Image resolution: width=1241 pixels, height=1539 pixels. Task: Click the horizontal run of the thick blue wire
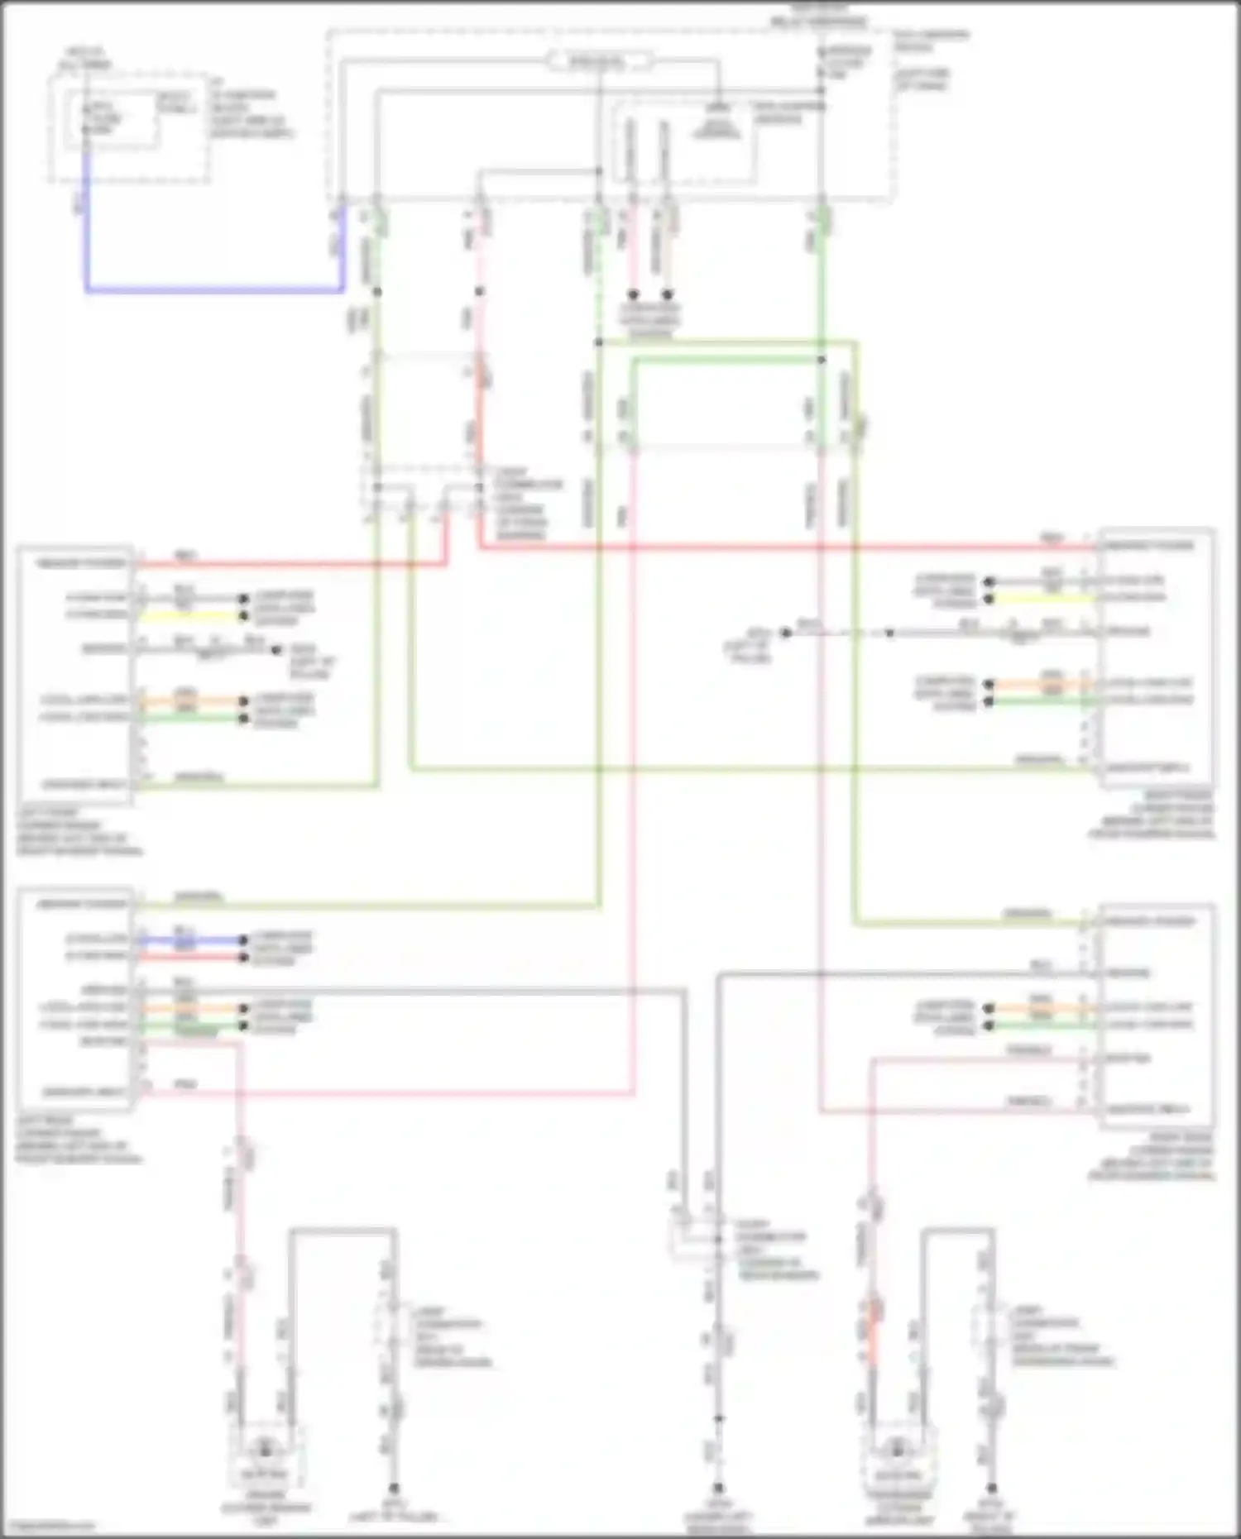coord(215,290)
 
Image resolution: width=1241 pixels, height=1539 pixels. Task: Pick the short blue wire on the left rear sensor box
coord(190,940)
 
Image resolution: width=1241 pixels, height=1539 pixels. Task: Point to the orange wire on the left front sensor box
coord(190,701)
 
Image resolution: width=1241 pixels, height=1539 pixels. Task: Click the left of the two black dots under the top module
coord(633,294)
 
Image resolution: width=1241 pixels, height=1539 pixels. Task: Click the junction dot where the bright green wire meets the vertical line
coord(822,360)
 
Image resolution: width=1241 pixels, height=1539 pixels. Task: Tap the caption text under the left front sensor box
coord(79,832)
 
